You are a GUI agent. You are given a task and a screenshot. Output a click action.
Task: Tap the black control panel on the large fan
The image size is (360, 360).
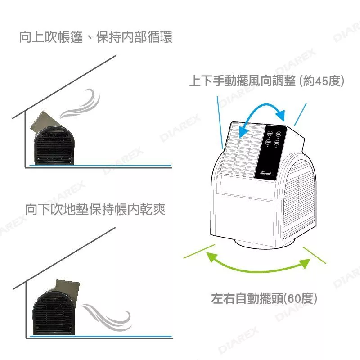(x=271, y=151)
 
